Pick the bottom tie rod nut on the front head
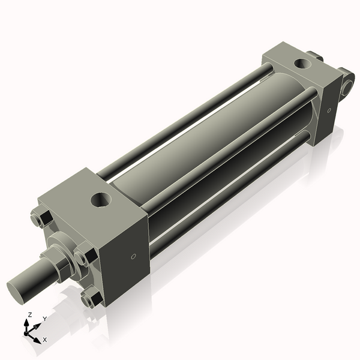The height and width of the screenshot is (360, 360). (x=91, y=296)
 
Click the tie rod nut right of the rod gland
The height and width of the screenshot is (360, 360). (x=82, y=257)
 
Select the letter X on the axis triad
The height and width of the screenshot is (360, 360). (x=44, y=340)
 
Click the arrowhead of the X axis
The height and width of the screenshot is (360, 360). (x=38, y=337)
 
